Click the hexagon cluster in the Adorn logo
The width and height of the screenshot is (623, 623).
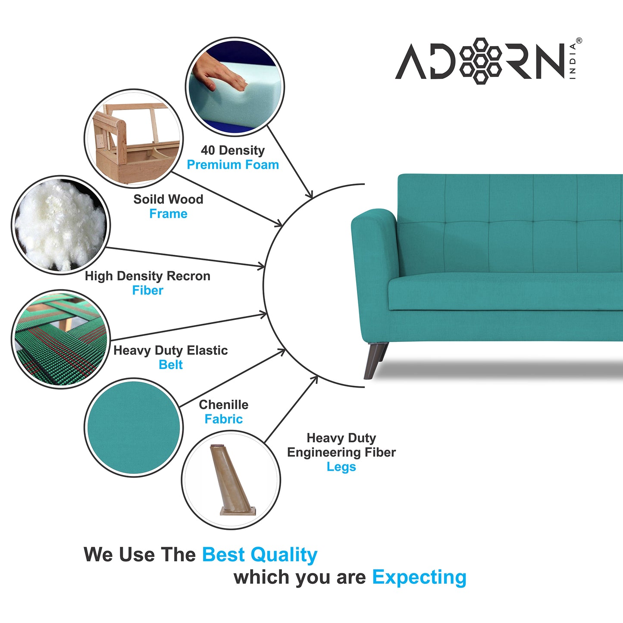pyautogui.click(x=481, y=60)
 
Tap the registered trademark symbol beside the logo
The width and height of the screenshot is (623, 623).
pyautogui.click(x=579, y=41)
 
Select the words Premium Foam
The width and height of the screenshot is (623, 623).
pyautogui.click(x=233, y=165)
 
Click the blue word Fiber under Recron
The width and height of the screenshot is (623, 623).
pyautogui.click(x=147, y=291)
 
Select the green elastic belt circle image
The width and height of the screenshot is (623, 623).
pyautogui.click(x=60, y=339)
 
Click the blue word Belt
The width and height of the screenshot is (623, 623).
pyautogui.click(x=171, y=365)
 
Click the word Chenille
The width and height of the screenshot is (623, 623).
pyautogui.click(x=223, y=405)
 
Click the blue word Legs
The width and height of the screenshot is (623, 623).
pyautogui.click(x=341, y=467)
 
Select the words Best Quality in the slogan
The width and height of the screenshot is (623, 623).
pyautogui.click(x=260, y=555)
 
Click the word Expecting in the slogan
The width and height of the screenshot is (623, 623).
pyautogui.click(x=419, y=577)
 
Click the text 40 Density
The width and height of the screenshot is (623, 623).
pyautogui.click(x=233, y=150)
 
